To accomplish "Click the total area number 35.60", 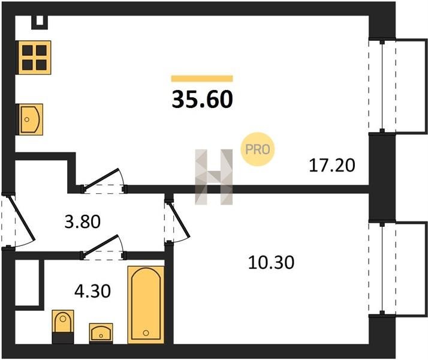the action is pyautogui.click(x=202, y=99).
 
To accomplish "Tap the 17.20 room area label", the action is pyautogui.click(x=332, y=166).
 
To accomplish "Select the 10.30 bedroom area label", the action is pyautogui.click(x=271, y=262).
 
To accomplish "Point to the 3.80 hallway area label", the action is pyautogui.click(x=83, y=222).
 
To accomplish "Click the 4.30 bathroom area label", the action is pyautogui.click(x=92, y=291).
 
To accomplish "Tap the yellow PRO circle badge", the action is pyautogui.click(x=257, y=149).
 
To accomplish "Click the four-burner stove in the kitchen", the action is pyautogui.click(x=34, y=58).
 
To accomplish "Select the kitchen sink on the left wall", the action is pyautogui.click(x=30, y=119).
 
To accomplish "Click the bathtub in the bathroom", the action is pyautogui.click(x=146, y=305).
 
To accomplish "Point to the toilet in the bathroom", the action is pyautogui.click(x=63, y=326).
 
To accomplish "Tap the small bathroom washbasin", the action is pyautogui.click(x=101, y=332).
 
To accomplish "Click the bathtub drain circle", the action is pyautogui.click(x=146, y=332).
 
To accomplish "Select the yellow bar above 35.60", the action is pyautogui.click(x=202, y=79).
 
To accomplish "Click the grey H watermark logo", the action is pyautogui.click(x=214, y=177).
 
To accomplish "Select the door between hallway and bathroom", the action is pyautogui.click(x=103, y=247).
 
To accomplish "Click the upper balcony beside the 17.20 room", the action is pyautogui.click(x=397, y=86).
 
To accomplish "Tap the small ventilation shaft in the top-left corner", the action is pyautogui.click(x=40, y=22).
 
